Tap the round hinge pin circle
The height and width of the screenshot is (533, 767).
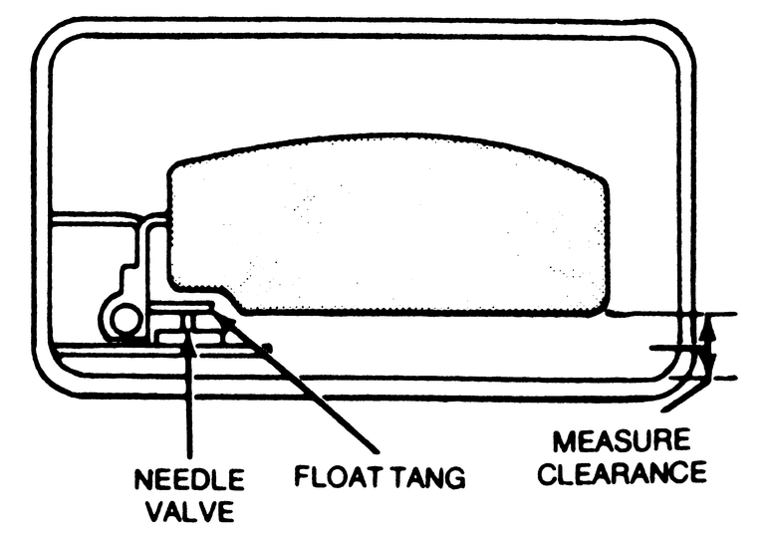pyautogui.click(x=125, y=320)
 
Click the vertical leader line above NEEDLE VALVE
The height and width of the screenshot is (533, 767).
pyautogui.click(x=190, y=399)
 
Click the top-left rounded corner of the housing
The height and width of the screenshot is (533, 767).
pyautogui.click(x=55, y=40)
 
